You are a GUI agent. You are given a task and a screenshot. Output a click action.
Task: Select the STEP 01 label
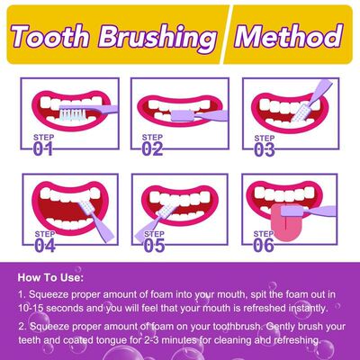click(x=47, y=145)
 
